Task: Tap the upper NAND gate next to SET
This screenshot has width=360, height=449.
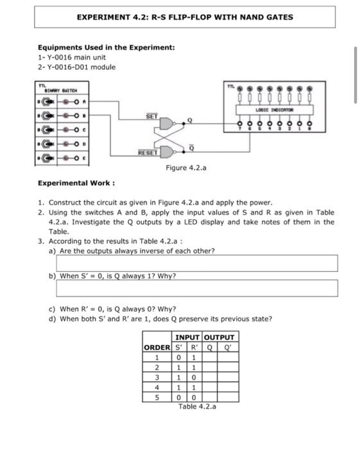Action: tap(166, 123)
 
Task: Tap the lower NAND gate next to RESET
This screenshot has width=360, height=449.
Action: tap(166, 151)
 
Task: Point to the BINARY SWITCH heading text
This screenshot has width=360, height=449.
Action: tap(58, 91)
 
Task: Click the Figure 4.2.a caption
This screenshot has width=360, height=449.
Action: tap(185, 168)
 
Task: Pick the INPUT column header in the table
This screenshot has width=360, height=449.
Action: tap(187, 337)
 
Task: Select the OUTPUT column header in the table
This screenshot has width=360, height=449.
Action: tap(219, 337)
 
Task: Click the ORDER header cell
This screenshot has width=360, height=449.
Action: tap(156, 347)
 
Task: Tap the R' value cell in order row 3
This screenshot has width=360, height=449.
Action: tap(193, 377)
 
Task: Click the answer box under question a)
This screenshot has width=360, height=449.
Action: tap(196, 263)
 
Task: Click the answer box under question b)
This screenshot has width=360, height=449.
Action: tap(196, 288)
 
